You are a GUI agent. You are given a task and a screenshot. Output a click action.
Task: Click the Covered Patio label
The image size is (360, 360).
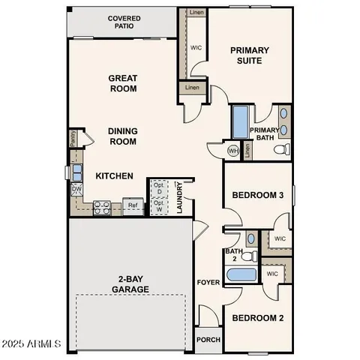coord(124,22)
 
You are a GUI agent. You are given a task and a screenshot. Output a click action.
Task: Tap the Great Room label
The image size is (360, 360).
coord(122,82)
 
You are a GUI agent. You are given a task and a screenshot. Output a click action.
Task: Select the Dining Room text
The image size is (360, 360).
coord(122,135)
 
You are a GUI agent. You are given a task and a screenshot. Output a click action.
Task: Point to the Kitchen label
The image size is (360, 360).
coord(114,176)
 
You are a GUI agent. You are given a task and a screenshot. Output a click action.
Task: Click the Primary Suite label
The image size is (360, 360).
coord(250,55)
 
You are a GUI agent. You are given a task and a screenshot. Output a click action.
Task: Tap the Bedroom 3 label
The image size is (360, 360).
coord(257,195)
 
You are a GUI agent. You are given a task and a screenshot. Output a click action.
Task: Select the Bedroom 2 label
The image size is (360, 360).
coord(257,318)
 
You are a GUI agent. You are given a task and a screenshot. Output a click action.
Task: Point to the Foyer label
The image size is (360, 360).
coord(208,283)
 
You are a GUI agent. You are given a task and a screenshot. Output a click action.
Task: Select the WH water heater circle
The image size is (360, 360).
coord(233,150)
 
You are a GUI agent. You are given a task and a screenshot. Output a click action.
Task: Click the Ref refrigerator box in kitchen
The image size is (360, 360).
coord(133,204)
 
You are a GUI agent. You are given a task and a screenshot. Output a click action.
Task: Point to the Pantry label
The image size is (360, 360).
coord(73,137)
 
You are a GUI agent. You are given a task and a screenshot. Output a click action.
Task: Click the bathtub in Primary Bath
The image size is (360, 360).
coord(240,122)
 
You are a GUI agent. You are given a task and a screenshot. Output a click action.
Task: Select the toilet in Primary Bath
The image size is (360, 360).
coord(280,149)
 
